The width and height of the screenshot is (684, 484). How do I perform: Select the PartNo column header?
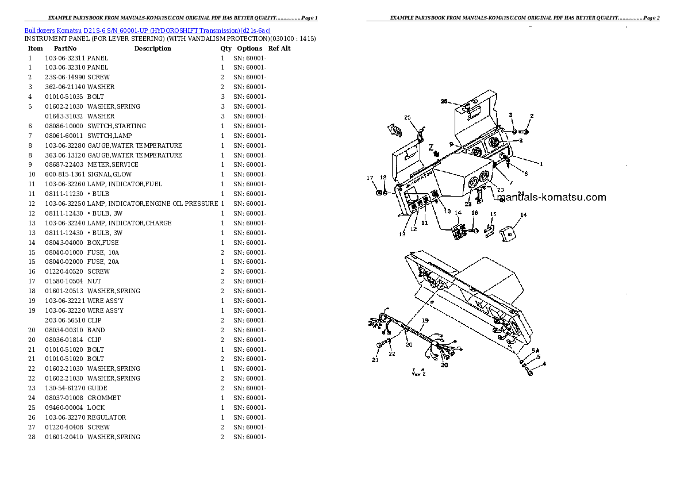(65, 48)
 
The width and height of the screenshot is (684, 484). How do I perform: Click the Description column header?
(152, 48)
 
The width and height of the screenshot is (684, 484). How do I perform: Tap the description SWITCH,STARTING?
(117, 126)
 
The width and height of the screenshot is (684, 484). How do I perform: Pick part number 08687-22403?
(65, 165)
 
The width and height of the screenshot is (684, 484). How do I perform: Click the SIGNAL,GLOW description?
(109, 175)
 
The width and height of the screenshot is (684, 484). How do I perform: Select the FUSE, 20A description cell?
(103, 262)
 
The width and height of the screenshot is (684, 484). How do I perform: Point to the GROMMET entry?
(104, 398)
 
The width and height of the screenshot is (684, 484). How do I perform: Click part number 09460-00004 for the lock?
(65, 408)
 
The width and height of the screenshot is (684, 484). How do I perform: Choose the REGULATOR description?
(107, 417)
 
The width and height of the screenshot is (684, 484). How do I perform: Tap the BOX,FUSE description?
(103, 243)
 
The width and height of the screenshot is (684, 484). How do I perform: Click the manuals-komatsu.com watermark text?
(551, 198)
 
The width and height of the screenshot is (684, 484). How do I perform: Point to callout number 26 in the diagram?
(444, 101)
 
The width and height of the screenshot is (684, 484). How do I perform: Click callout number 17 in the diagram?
(371, 178)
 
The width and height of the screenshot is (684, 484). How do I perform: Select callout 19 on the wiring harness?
(425, 320)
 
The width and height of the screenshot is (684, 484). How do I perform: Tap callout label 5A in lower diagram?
(535, 351)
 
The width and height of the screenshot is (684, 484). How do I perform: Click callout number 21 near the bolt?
(375, 360)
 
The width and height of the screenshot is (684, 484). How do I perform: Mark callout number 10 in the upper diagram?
(447, 212)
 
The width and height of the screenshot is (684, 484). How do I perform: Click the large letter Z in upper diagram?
(430, 147)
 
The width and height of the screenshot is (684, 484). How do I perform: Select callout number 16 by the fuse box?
(474, 213)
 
